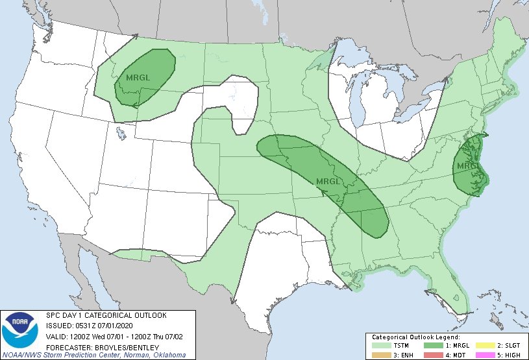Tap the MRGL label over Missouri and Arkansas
click(x=328, y=181)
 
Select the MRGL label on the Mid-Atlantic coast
click(x=468, y=166)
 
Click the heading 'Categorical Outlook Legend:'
click(x=415, y=337)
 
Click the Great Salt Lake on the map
click(x=121, y=134)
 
